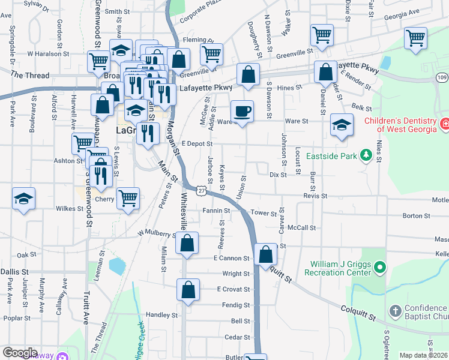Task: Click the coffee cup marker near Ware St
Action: point(242,112)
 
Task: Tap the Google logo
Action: point(20,353)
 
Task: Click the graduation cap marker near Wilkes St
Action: point(23,199)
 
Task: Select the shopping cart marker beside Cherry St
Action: point(128,198)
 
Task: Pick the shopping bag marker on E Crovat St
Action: point(188,289)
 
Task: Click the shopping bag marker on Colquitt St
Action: point(265,254)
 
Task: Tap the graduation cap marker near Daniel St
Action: point(342,125)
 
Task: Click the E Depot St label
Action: point(197,144)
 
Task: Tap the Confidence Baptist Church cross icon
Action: point(394,311)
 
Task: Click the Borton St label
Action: point(417,216)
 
